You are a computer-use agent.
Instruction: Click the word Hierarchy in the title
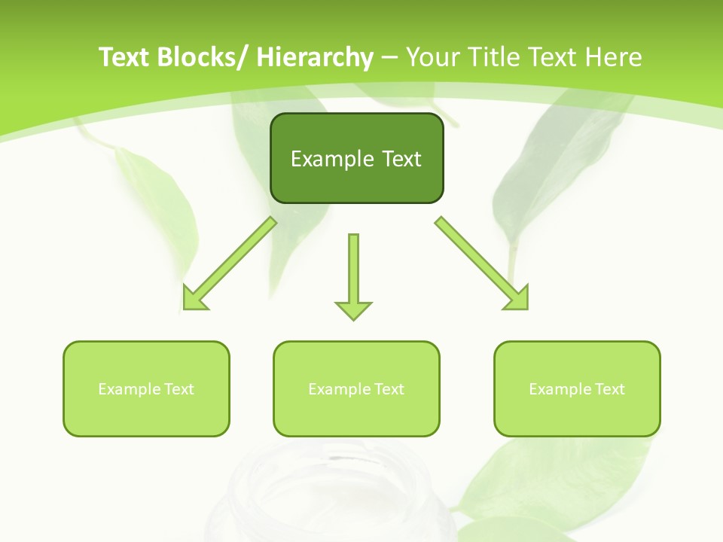coord(315,57)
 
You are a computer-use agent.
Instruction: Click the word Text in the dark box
coord(401,159)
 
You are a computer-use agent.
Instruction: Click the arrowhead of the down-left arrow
coord(194,299)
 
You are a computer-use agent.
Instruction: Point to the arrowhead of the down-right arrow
coord(517,299)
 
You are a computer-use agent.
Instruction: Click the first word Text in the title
coord(126,57)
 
